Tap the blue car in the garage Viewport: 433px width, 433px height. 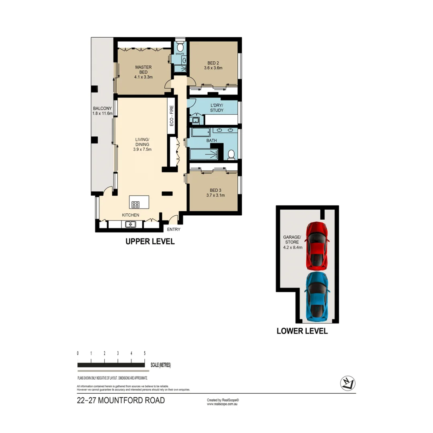317,297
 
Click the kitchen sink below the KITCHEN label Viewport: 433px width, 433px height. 131,224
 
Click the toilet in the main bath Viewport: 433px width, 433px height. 231,154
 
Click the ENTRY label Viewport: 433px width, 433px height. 174,229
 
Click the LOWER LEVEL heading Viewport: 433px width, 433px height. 302,331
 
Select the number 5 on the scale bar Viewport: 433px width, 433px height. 144,353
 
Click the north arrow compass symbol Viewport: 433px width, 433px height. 346,383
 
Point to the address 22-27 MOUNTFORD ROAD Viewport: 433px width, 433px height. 121,401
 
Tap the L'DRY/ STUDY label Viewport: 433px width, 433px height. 216,107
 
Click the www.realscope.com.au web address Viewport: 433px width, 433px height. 223,404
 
